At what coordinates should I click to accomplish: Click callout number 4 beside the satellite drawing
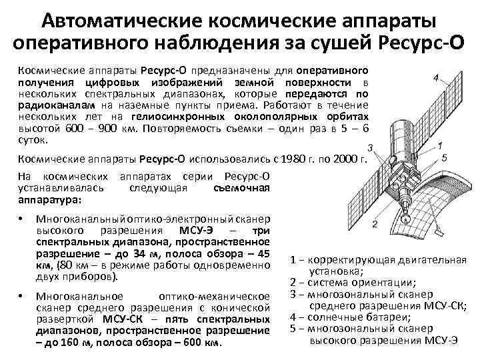click(x=435, y=77)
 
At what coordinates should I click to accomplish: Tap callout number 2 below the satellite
click(x=375, y=224)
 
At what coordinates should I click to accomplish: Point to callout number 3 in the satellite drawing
click(x=371, y=147)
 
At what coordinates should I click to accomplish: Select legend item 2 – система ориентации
click(x=344, y=283)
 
